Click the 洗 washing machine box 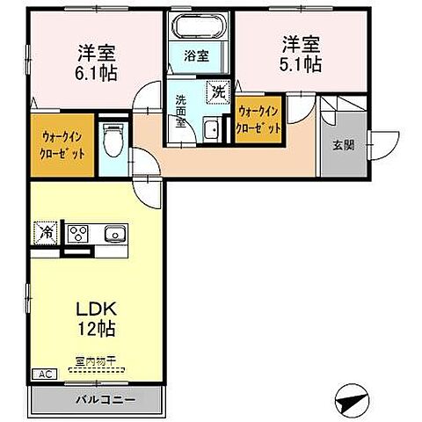pos(216,90)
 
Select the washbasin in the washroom pos(211,131)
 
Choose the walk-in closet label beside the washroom pos(260,120)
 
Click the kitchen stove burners pos(78,234)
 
